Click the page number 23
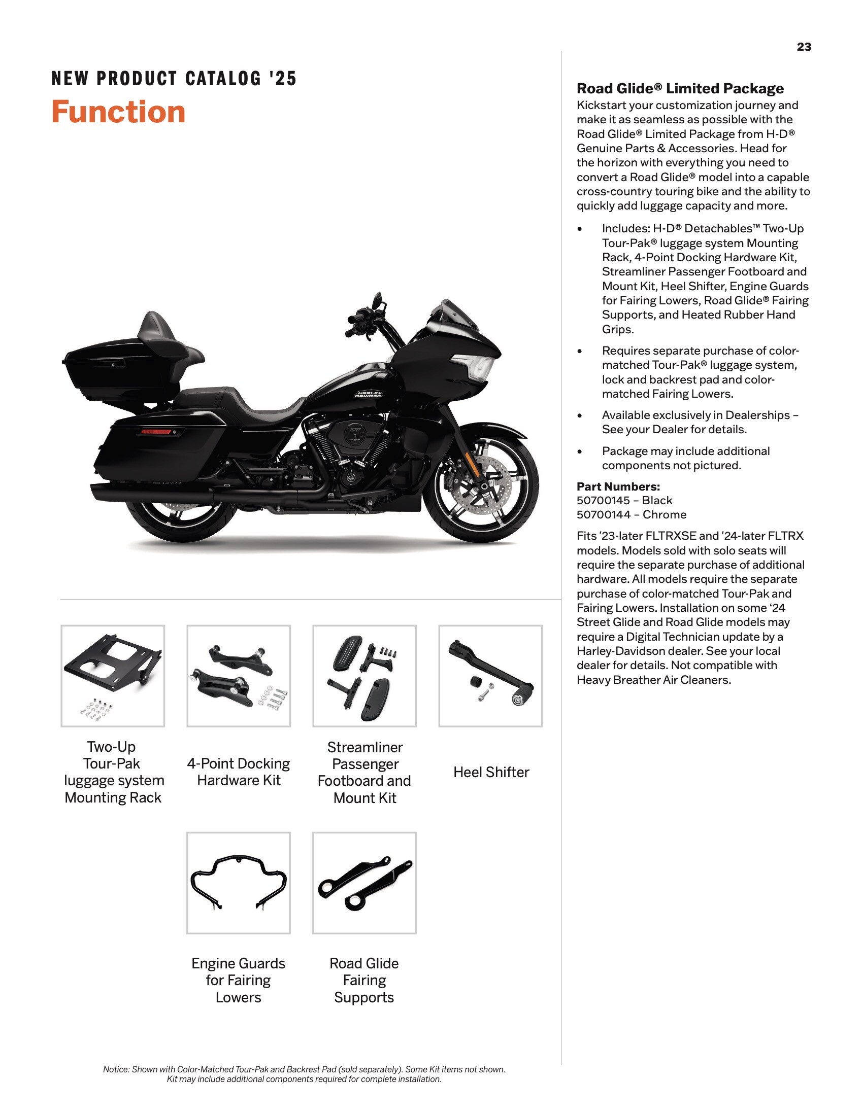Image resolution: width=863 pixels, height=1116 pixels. (804, 47)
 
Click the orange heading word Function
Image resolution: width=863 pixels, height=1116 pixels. (118, 112)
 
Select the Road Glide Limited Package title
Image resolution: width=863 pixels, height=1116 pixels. (680, 88)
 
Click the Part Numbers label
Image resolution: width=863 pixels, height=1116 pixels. (618, 486)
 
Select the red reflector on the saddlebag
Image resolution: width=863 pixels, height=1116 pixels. (156, 432)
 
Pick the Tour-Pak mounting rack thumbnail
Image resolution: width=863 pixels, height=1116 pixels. (113, 676)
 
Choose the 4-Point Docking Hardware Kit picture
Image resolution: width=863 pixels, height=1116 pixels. (239, 676)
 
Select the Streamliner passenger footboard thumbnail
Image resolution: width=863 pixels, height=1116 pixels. (364, 676)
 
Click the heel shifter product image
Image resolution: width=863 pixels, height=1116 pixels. (490, 676)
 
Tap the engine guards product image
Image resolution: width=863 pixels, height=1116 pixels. (239, 883)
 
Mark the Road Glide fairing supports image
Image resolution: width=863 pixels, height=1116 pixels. (364, 883)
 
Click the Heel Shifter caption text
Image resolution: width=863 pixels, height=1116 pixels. (491, 772)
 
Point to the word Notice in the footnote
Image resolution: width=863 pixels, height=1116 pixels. (116, 1069)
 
